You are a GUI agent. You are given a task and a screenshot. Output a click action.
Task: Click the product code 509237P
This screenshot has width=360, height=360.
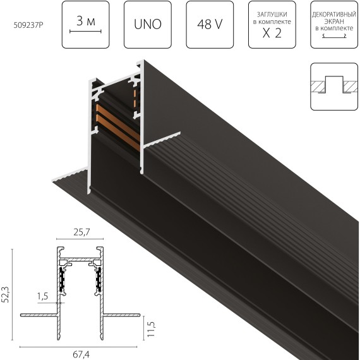pyautogui.click(x=28, y=25)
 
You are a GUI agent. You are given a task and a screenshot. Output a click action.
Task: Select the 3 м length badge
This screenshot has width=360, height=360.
pyautogui.click(x=86, y=25)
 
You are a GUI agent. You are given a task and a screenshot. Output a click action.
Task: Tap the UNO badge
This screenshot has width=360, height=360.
pyautogui.click(x=148, y=25)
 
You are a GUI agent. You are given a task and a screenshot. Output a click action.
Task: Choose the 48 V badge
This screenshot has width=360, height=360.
pyautogui.click(x=210, y=25)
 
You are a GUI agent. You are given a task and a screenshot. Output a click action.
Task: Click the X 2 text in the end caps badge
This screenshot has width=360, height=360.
pyautogui.click(x=272, y=33)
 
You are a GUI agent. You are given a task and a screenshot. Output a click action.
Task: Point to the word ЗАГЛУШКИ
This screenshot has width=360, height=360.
pyautogui.click(x=272, y=15)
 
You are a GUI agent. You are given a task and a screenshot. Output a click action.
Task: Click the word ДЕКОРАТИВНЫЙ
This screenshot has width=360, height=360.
pyautogui.click(x=334, y=15)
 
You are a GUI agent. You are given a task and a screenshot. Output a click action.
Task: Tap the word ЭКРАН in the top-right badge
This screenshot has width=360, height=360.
pyautogui.click(x=334, y=21)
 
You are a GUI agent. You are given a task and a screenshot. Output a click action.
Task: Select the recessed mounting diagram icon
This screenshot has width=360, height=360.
pyautogui.click(x=334, y=87)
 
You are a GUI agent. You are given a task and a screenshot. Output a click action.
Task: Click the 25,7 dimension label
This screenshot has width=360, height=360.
pyautogui.click(x=81, y=232)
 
